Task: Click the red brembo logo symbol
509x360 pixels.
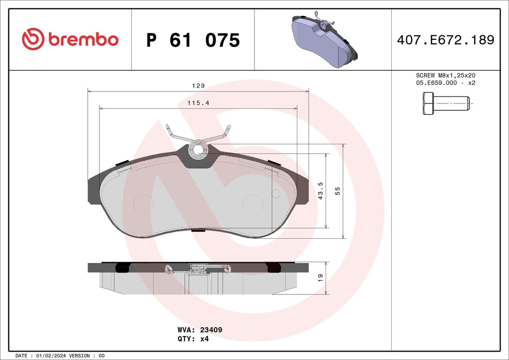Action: (x=33, y=39)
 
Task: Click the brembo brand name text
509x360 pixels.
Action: (x=83, y=40)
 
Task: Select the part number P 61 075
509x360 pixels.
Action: (x=193, y=40)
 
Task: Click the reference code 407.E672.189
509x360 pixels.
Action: (x=445, y=40)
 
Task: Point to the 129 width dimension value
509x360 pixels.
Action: (x=198, y=86)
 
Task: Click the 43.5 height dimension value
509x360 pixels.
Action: (x=321, y=191)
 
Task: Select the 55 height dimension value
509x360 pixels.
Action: (x=338, y=191)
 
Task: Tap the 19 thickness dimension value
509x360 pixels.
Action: (x=320, y=277)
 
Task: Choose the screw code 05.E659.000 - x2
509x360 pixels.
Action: (x=445, y=83)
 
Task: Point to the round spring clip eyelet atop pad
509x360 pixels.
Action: (x=199, y=148)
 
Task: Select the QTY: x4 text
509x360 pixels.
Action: (x=192, y=339)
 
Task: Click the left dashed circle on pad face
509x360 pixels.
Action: (x=145, y=204)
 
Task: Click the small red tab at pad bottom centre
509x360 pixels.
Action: (x=198, y=230)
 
